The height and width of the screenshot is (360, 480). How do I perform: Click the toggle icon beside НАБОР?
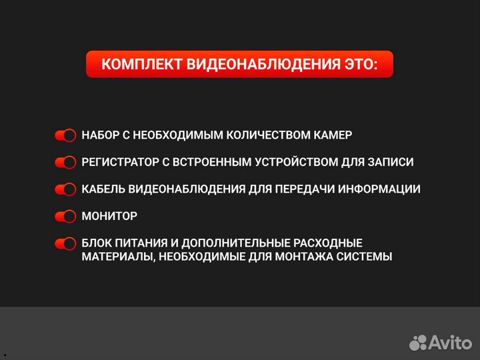[65, 136]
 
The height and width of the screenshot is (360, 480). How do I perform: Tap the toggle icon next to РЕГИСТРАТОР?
[65, 163]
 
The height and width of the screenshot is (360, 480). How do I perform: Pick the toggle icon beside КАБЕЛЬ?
[65, 189]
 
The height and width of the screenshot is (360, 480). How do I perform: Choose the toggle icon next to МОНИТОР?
[65, 217]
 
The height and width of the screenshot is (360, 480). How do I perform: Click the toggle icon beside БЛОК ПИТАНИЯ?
[65, 243]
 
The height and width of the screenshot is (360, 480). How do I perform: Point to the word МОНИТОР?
[109, 216]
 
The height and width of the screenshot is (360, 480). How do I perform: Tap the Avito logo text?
[449, 343]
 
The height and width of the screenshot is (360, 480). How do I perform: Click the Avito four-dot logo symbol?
[418, 343]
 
